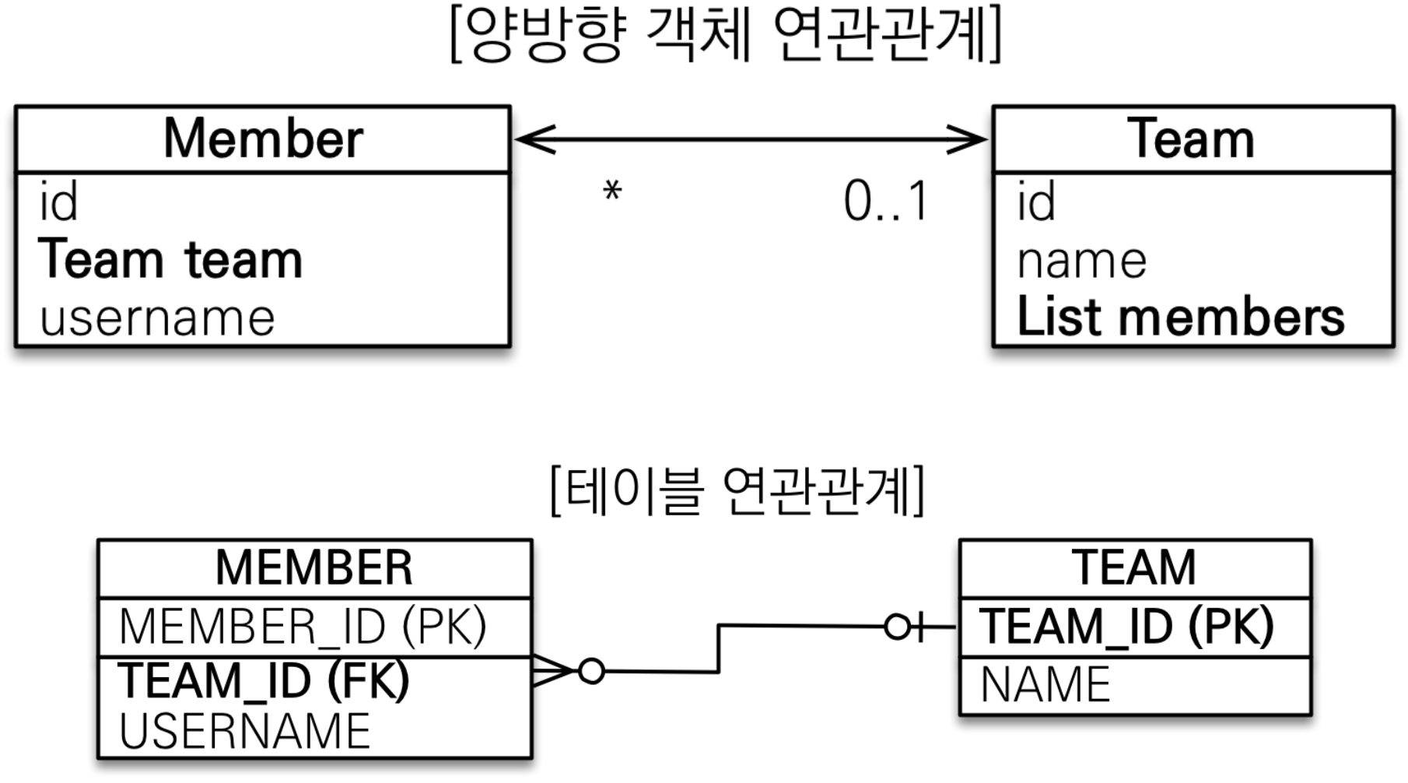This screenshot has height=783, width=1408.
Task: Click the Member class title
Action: pos(263,139)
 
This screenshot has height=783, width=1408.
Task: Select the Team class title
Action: pos(1191,139)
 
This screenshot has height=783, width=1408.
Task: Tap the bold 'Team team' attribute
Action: pos(170,259)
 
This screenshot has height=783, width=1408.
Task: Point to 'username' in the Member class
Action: pos(157,318)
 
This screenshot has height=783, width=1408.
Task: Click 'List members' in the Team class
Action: pos(1180,318)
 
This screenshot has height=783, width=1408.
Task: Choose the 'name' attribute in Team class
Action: pos(1081,261)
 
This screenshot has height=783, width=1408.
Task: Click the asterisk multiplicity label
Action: pos(612,191)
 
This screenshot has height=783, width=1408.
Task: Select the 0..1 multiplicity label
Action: pos(885,202)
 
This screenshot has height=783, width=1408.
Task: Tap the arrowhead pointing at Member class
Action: pos(533,139)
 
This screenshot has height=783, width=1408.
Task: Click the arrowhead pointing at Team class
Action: pos(969,139)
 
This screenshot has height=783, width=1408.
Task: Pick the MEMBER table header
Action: pos(314,567)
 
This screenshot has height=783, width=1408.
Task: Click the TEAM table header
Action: pos(1134,567)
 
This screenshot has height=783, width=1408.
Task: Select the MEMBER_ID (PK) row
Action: pos(303,626)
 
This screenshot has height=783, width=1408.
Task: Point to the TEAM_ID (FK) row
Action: pos(264,680)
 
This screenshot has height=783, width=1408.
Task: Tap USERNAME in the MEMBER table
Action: pos(245,731)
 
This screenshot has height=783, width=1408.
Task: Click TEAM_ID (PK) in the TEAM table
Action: pos(1126,626)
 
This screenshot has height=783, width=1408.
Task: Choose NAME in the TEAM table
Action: pos(1045,684)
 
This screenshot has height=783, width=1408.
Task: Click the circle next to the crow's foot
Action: pos(591,670)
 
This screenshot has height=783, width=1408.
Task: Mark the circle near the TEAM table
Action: pos(897,626)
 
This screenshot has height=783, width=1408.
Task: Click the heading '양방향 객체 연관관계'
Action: pos(725,36)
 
